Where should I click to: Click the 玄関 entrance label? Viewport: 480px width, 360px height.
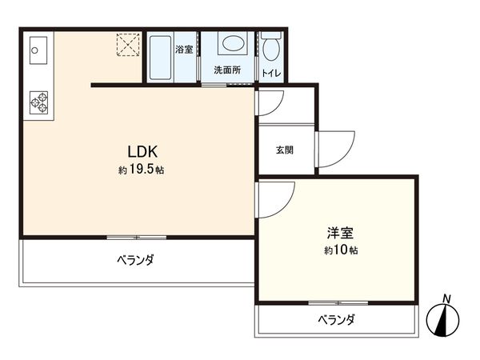[285, 150]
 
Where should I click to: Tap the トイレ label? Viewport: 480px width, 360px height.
[270, 74]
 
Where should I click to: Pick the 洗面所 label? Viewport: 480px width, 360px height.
[226, 70]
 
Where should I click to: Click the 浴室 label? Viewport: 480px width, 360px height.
[184, 50]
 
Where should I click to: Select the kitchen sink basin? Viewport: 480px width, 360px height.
[35, 50]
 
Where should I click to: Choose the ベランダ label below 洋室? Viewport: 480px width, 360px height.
[335, 320]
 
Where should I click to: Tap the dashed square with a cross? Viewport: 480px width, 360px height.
[128, 44]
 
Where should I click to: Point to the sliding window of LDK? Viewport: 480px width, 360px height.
[137, 238]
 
